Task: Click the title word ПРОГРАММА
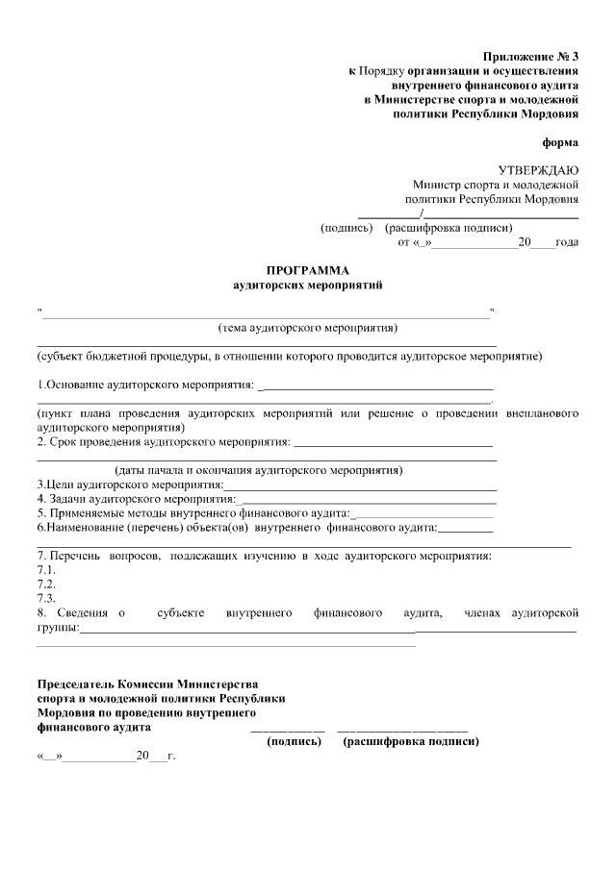click(308, 271)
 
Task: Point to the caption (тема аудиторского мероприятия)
click(308, 328)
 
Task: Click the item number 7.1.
click(45, 570)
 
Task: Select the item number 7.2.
click(45, 584)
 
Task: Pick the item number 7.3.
click(45, 599)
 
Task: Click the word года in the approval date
click(568, 242)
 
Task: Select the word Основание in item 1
click(73, 385)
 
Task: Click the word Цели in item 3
click(58, 485)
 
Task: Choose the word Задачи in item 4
click(67, 499)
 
